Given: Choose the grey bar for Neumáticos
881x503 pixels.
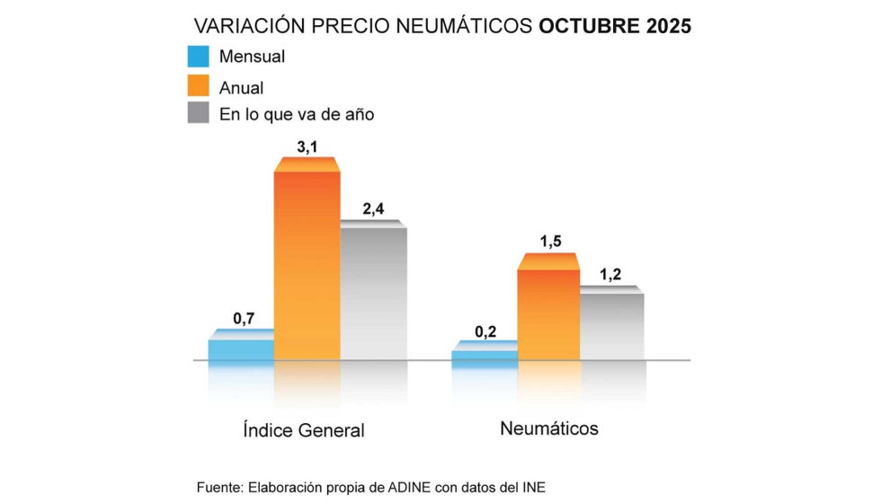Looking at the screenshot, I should click(611, 325).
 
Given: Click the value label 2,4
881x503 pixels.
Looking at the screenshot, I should click(373, 208).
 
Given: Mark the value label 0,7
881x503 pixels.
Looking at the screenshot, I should click(244, 318).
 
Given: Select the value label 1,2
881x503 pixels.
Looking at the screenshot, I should click(611, 275).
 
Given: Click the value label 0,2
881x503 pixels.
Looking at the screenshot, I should click(485, 331).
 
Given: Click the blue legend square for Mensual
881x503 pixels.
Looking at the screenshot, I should click(198, 57).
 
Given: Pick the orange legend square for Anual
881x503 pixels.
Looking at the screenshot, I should click(198, 85).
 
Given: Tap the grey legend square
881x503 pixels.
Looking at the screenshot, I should click(198, 113).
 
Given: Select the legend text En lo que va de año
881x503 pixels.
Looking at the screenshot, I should click(297, 114).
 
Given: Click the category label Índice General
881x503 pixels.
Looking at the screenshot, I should click(304, 430).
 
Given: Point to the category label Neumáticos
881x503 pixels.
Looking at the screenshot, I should click(548, 428).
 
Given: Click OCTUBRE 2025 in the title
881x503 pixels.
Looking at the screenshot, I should click(615, 26).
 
